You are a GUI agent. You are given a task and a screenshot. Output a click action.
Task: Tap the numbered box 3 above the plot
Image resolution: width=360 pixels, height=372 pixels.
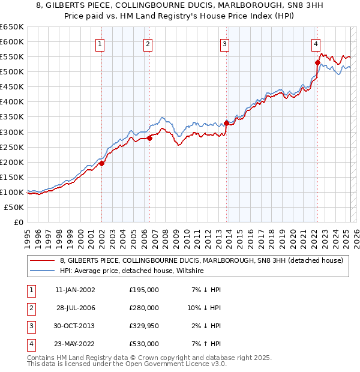click(224, 43)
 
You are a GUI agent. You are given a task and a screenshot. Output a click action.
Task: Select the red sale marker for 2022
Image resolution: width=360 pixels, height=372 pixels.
click(317, 62)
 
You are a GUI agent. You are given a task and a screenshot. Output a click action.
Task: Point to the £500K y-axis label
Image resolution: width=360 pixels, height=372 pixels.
click(12, 71)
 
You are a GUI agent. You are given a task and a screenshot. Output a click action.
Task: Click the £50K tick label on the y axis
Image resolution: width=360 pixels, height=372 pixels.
click(14, 207)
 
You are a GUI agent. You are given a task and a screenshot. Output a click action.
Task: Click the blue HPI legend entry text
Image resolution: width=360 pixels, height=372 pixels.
click(132, 271)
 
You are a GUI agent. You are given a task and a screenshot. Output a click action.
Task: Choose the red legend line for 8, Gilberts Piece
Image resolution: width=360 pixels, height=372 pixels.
click(42, 260)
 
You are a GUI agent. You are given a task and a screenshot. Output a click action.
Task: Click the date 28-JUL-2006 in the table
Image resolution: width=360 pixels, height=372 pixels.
click(76, 308)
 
